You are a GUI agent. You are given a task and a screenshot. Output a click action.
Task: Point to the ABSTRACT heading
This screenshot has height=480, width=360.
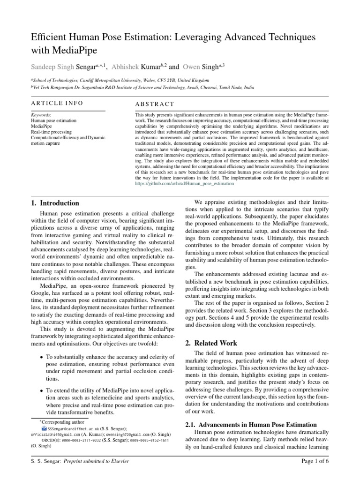154,104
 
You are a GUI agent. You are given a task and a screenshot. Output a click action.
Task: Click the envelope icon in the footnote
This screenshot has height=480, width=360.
44,428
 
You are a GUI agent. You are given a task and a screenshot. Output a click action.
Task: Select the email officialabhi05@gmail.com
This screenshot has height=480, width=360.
55,435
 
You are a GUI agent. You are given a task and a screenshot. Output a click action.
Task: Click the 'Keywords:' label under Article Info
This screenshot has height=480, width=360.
41,114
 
